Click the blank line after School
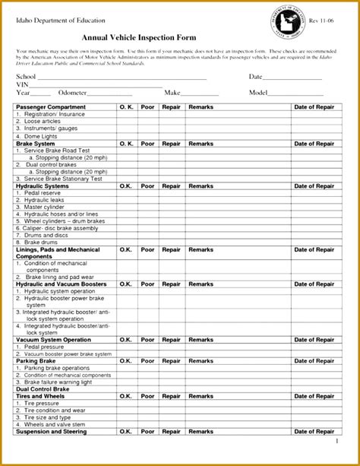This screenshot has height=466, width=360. pyautogui.click(x=122, y=78)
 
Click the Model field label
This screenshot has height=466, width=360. pyautogui.click(x=259, y=92)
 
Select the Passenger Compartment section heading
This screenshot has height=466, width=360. pyautogui.click(x=51, y=107)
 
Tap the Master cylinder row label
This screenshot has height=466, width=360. pyautogui.click(x=48, y=207)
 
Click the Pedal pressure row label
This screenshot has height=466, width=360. pyautogui.click(x=45, y=347)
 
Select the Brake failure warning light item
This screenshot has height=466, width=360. pyautogui.click(x=60, y=382)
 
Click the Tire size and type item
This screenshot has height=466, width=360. pyautogui.click(x=48, y=417)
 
